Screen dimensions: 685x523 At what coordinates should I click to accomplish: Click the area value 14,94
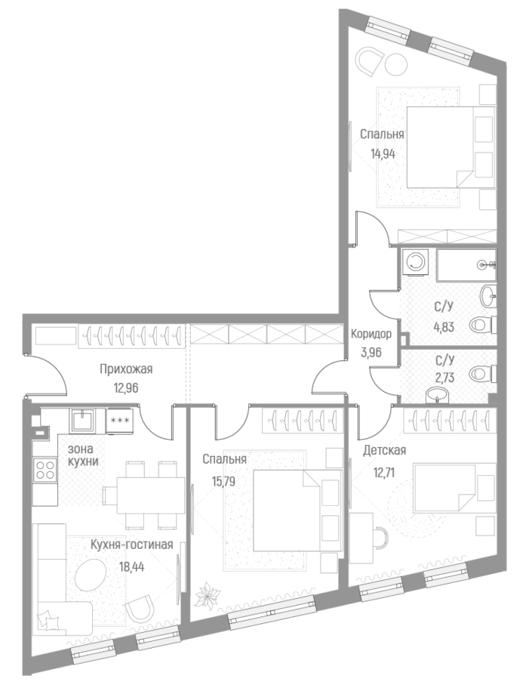click(x=383, y=152)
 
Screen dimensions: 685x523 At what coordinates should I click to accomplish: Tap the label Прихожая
click(x=126, y=369)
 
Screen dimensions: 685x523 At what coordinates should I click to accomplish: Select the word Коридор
click(x=371, y=334)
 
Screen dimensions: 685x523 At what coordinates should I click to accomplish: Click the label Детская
click(x=385, y=451)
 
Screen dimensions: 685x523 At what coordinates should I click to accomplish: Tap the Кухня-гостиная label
click(x=132, y=545)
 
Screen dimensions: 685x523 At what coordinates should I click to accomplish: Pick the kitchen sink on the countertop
click(x=84, y=421)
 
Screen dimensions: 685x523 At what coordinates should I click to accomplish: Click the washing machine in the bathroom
click(x=414, y=262)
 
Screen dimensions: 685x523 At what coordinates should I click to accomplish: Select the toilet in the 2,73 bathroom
click(x=480, y=375)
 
